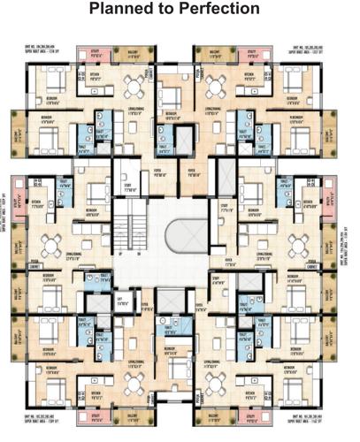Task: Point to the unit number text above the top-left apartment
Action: tap(50, 49)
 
